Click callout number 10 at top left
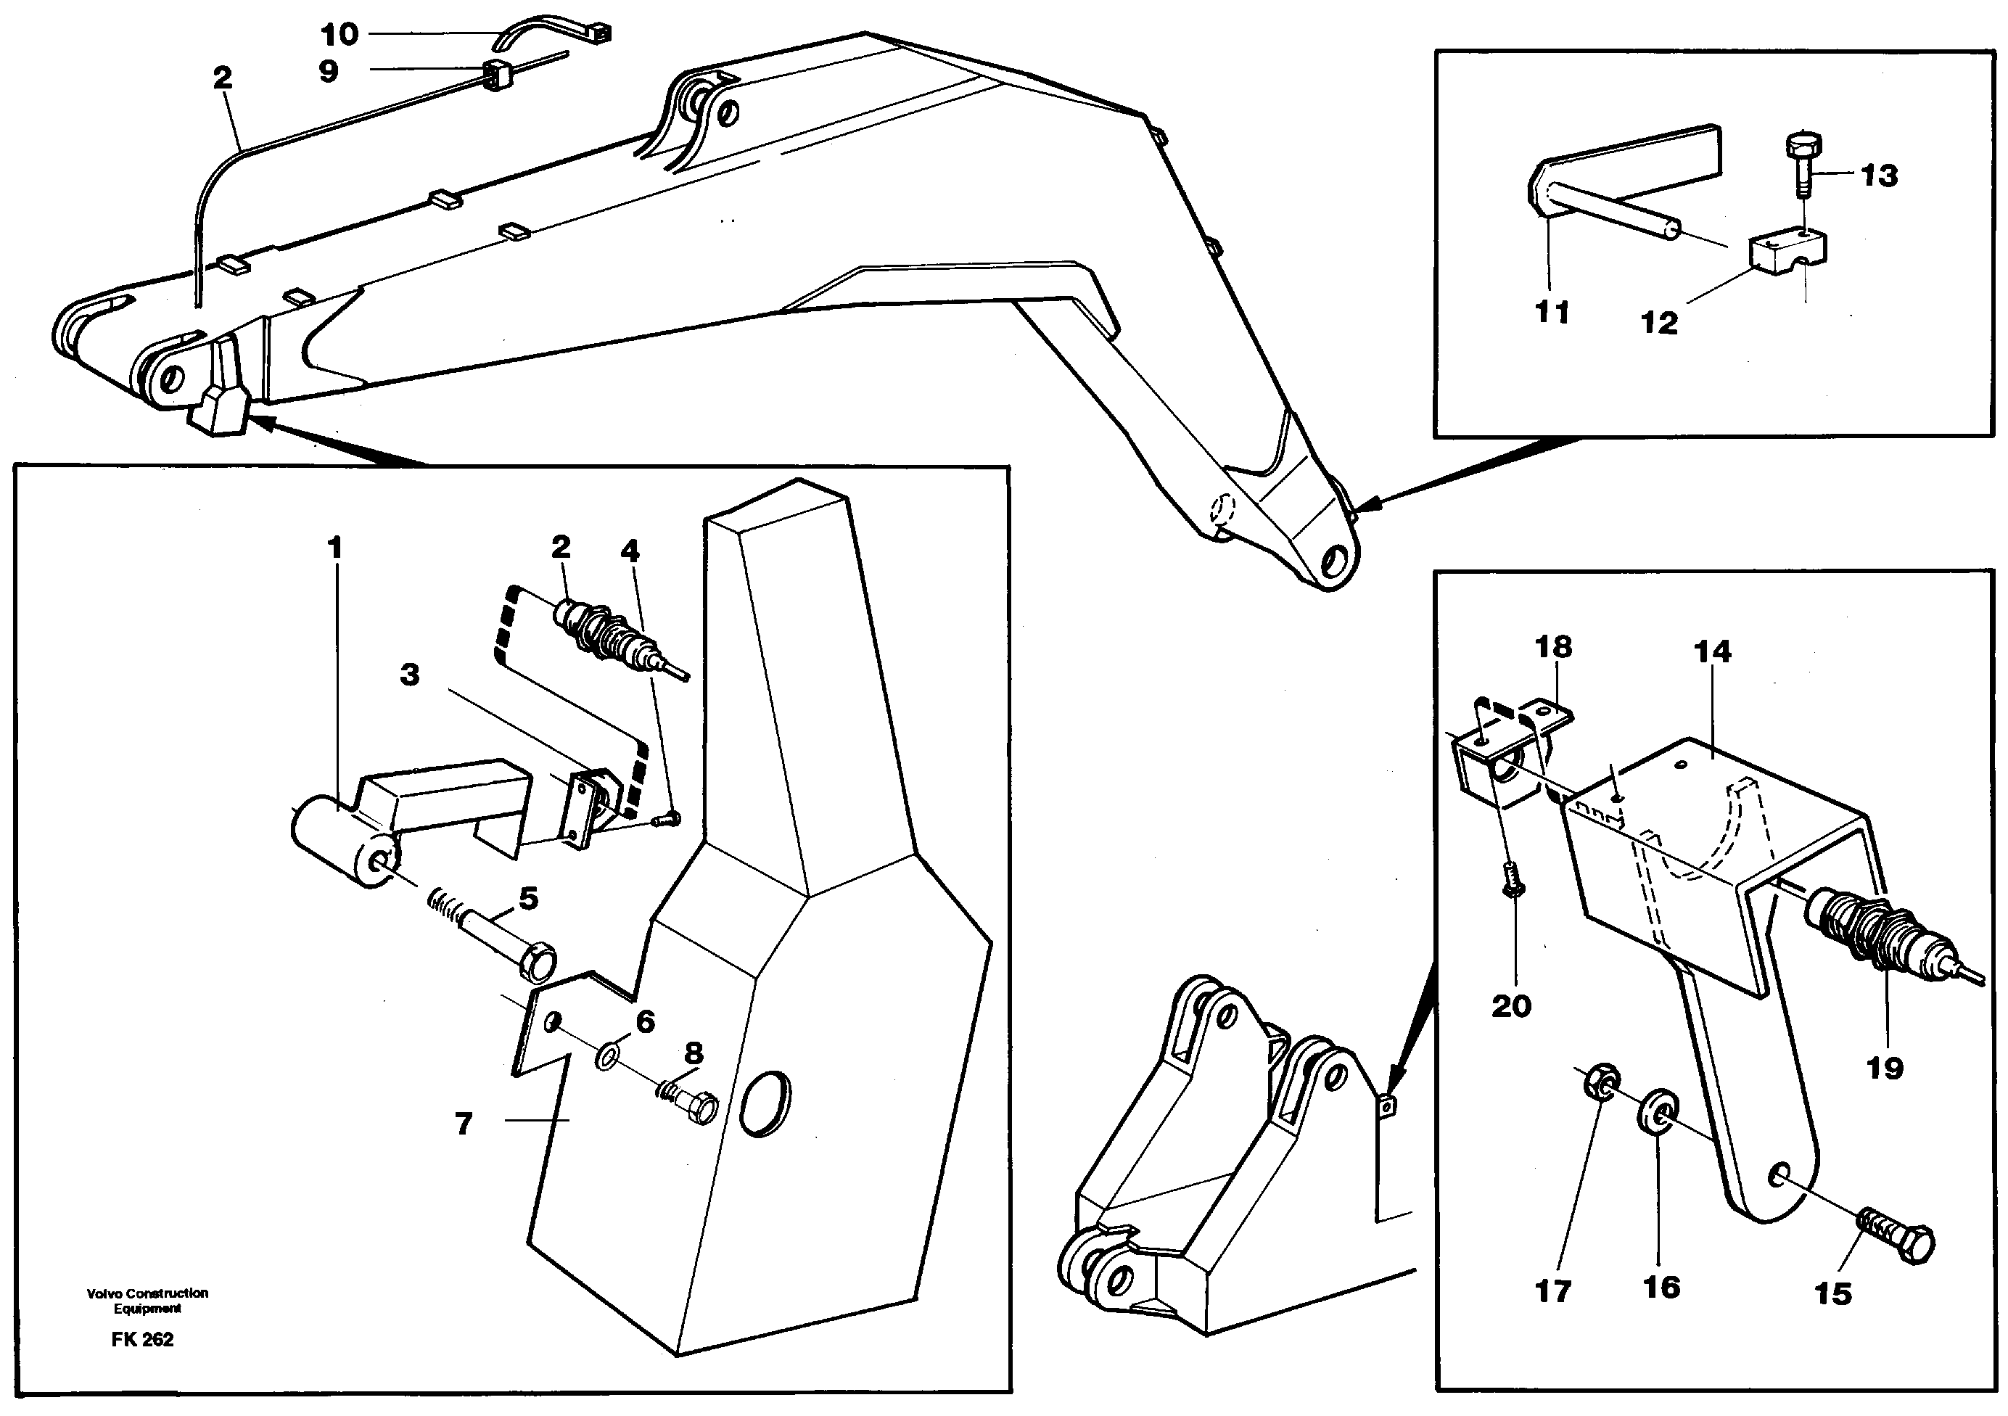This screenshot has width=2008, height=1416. click(x=340, y=35)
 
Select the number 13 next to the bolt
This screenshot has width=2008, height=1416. click(x=1879, y=176)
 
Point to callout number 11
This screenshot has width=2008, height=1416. click(x=1552, y=311)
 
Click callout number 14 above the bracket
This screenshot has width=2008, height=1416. click(x=1711, y=651)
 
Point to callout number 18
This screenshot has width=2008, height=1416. click(x=1552, y=647)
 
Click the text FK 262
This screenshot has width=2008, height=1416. click(x=143, y=1340)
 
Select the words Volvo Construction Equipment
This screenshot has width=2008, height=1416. click(x=147, y=1301)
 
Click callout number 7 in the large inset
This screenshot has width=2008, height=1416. click(x=464, y=1124)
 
